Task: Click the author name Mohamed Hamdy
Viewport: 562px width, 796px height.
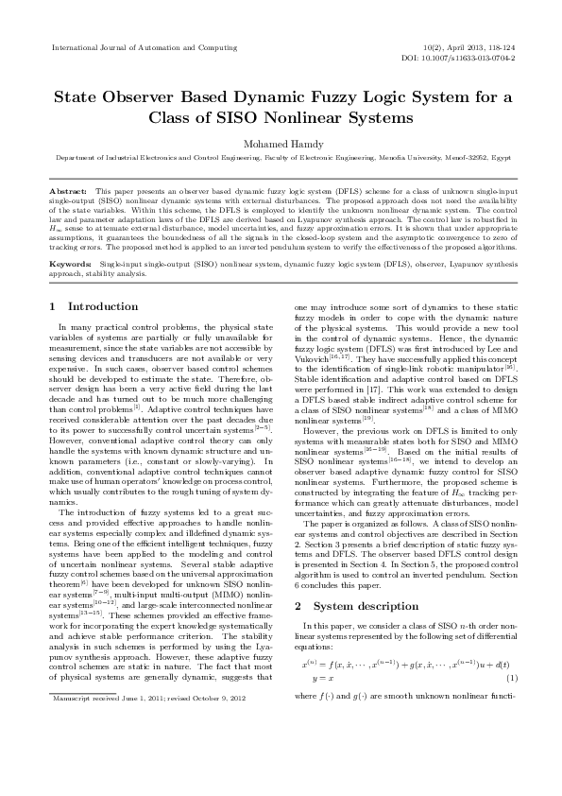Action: (281, 143)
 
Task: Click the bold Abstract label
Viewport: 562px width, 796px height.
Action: (67, 191)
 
